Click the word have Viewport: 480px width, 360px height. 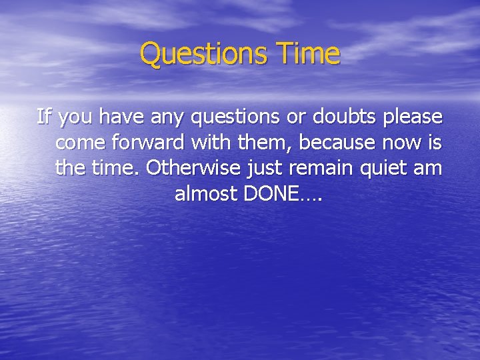coord(119,117)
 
